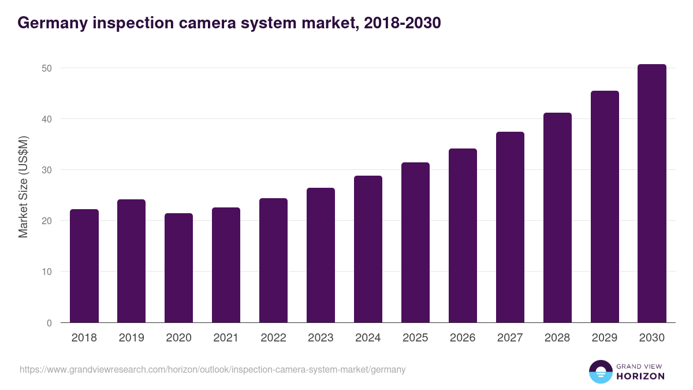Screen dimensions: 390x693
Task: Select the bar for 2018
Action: coord(84,266)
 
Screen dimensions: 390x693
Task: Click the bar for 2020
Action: coord(179,268)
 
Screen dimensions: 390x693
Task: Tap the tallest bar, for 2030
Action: coord(651,194)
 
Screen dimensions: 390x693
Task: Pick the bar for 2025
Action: coord(415,243)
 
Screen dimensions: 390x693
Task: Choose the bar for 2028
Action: coord(557,218)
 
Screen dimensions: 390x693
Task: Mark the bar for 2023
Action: coord(321,255)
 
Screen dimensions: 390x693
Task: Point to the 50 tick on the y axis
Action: coord(47,68)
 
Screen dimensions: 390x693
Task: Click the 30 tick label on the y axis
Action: coord(47,170)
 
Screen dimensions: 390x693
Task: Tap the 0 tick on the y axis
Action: coord(49,323)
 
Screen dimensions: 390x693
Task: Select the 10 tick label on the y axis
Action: coord(47,272)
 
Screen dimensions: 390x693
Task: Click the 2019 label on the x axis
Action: coord(132,338)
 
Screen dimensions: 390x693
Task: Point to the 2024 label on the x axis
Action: coord(368,338)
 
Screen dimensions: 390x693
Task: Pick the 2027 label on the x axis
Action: coord(510,338)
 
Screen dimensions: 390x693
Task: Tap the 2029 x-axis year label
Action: coord(605,338)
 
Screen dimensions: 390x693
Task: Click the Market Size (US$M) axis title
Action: coord(23,186)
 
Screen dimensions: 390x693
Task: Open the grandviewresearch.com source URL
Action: coord(213,370)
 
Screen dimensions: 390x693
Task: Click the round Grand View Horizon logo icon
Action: coord(601,372)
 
